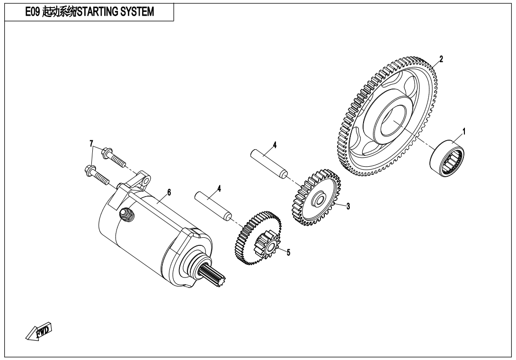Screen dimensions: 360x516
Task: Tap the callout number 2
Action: coord(441,59)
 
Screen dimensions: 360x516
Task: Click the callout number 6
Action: coord(169,192)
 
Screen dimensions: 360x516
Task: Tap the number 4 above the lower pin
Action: coord(220,188)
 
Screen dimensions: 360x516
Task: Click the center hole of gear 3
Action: coord(319,199)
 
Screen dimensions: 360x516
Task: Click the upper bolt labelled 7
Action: coord(114,156)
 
